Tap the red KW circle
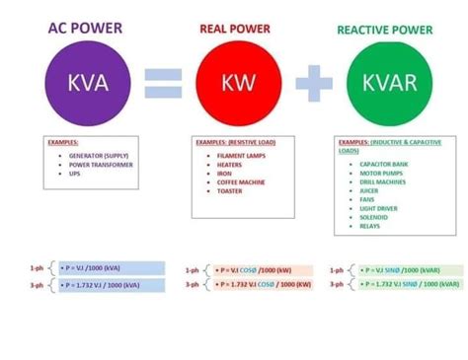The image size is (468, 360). tap(234, 81)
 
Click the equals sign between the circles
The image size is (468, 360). tap(163, 82)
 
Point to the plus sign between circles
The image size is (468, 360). tap(313, 82)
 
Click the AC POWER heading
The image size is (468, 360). tap(86, 28)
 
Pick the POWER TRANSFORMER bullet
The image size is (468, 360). tap(100, 165)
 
